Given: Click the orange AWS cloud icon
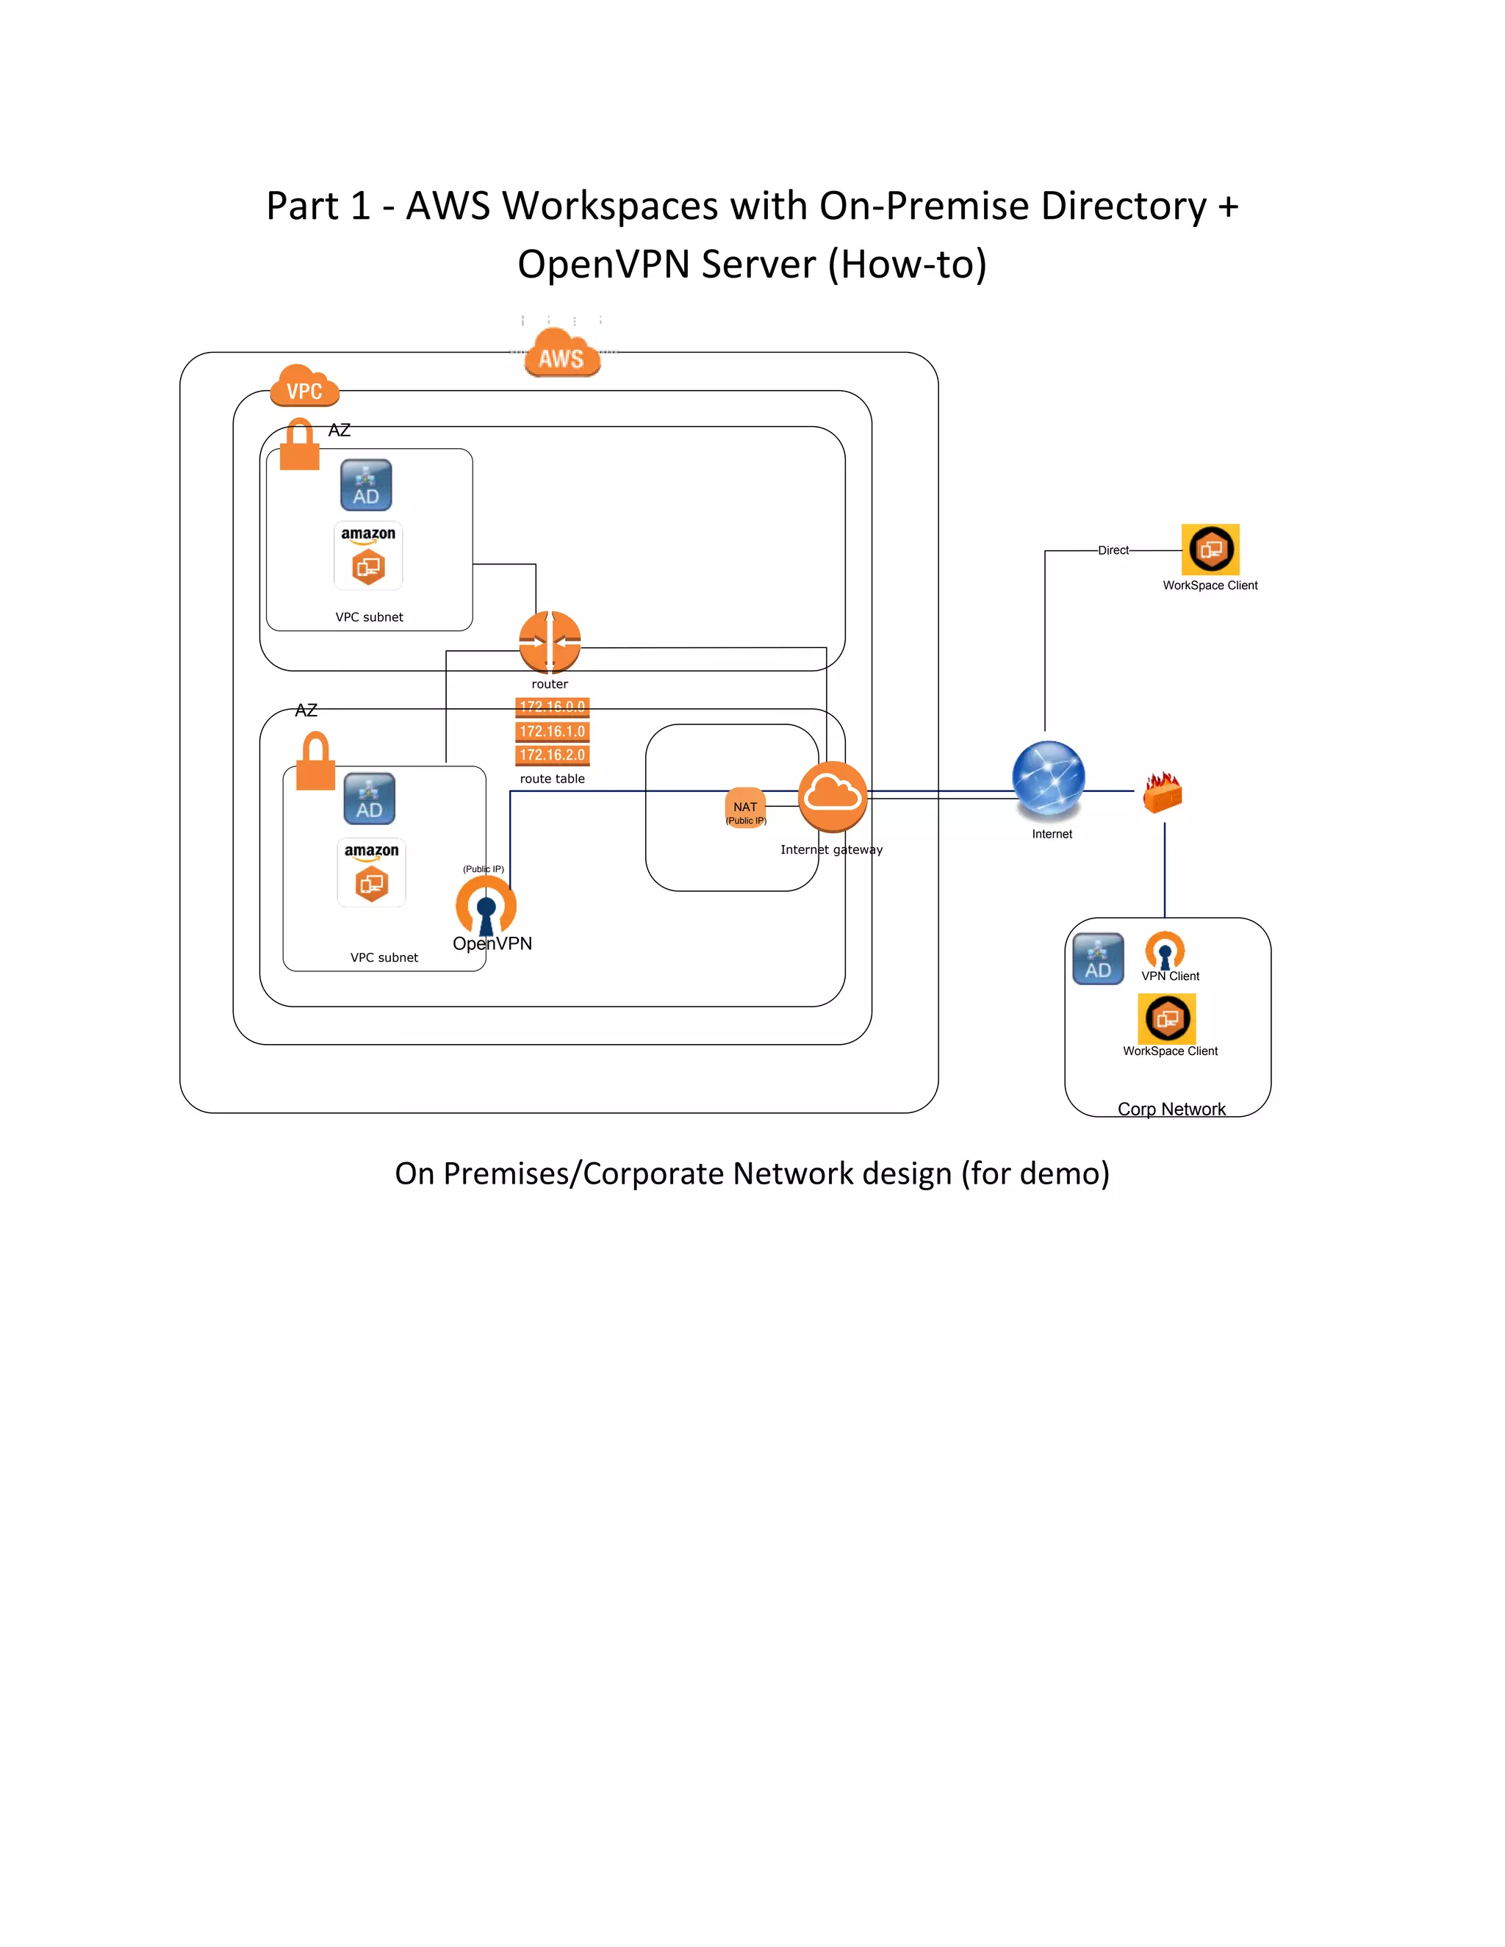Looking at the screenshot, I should tap(561, 354).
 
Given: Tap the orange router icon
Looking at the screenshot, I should tap(549, 641).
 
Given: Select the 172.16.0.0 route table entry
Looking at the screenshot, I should tap(552, 707).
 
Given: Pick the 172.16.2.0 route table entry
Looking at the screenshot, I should tap(552, 755).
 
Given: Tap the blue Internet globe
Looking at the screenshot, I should tap(1049, 778).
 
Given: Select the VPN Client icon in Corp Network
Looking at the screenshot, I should tap(1165, 950).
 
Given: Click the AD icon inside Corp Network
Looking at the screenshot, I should tap(1098, 960).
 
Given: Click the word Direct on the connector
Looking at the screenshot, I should tap(1113, 550).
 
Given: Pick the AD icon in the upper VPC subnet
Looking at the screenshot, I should tap(365, 485).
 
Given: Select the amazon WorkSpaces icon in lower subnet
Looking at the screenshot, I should tap(371, 873).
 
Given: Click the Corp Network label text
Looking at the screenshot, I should tap(1171, 1109).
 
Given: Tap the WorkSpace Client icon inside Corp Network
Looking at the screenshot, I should tap(1166, 1018).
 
